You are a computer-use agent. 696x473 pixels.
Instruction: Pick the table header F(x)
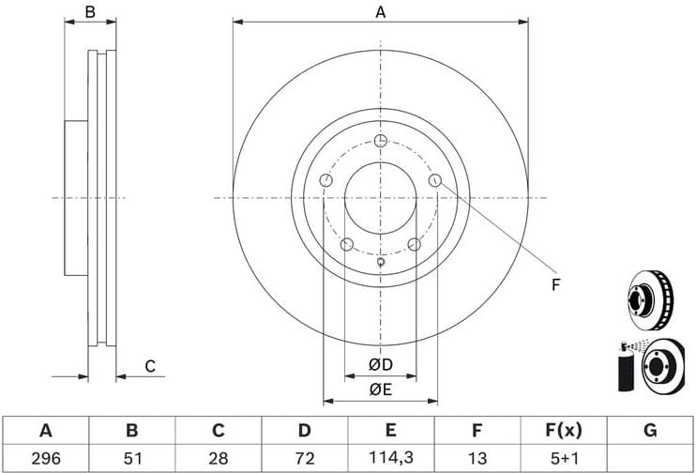pyautogui.click(x=563, y=431)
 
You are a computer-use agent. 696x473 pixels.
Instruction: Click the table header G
pyautogui.click(x=649, y=431)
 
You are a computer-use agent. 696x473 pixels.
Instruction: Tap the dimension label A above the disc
pyautogui.click(x=381, y=12)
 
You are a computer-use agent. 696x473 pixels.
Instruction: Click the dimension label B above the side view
pyautogui.click(x=90, y=12)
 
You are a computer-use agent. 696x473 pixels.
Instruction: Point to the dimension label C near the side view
pyautogui.click(x=149, y=366)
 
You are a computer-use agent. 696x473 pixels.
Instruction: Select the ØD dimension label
pyautogui.click(x=379, y=364)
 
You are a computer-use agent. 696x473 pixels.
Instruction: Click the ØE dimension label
pyautogui.click(x=379, y=389)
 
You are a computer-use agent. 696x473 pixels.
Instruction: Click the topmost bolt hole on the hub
pyautogui.click(x=380, y=141)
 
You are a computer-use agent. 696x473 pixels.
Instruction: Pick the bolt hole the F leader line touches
pyautogui.click(x=434, y=180)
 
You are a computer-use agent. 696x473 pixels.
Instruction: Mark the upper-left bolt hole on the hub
pyautogui.click(x=325, y=180)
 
